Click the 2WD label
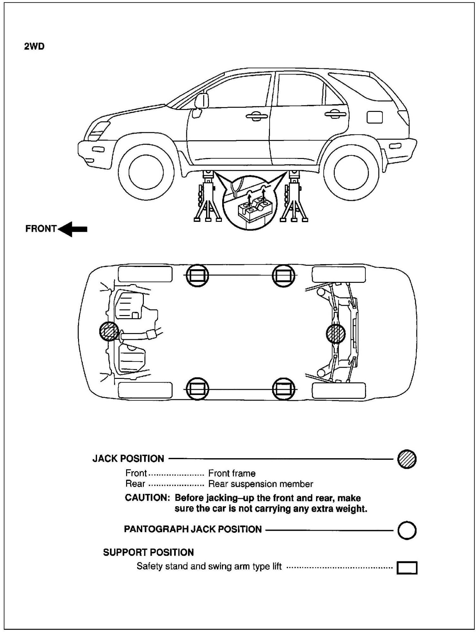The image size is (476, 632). (34, 46)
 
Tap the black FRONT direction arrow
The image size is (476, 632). (73, 229)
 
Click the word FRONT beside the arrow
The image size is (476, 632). (41, 229)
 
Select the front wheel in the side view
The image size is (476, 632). (144, 172)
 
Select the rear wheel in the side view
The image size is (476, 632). (351, 172)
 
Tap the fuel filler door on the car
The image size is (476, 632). (374, 117)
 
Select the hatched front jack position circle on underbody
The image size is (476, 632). (109, 331)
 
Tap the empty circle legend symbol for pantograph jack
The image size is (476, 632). (407, 530)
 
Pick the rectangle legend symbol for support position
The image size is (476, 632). (407, 568)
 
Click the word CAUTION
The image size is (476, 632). (147, 498)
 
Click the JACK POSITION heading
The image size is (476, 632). (128, 459)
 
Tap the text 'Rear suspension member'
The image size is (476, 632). (261, 484)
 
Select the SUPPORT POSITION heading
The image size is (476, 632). (148, 552)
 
